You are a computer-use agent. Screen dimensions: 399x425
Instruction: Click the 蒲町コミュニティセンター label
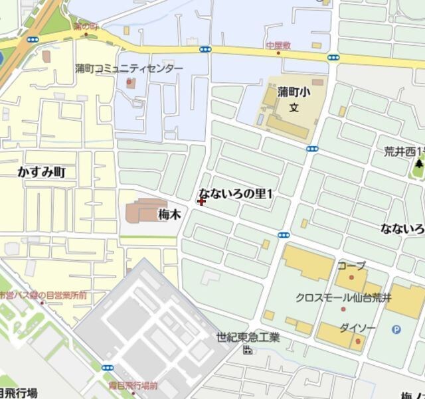point(128,68)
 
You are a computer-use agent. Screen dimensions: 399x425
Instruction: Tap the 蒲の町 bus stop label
point(86,27)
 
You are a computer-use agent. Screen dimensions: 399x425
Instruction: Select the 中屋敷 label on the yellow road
point(279,44)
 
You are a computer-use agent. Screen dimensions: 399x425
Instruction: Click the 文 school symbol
point(294,108)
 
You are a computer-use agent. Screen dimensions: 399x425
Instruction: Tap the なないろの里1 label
point(236,194)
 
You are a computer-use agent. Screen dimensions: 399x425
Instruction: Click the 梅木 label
point(169,214)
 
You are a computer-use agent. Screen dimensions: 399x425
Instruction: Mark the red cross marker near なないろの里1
point(201,200)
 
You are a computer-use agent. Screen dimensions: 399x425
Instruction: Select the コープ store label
point(351,266)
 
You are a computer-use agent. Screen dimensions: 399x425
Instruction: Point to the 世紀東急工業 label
point(248,337)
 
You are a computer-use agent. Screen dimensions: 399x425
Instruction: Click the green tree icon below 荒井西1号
point(419,163)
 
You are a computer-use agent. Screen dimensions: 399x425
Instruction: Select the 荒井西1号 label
point(404,151)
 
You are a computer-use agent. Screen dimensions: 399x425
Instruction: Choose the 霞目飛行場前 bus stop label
point(133,386)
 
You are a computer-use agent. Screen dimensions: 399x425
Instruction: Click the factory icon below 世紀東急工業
point(248,349)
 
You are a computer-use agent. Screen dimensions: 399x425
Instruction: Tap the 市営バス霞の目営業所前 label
point(42,295)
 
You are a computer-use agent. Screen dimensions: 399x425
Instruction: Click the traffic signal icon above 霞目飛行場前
point(108,366)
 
